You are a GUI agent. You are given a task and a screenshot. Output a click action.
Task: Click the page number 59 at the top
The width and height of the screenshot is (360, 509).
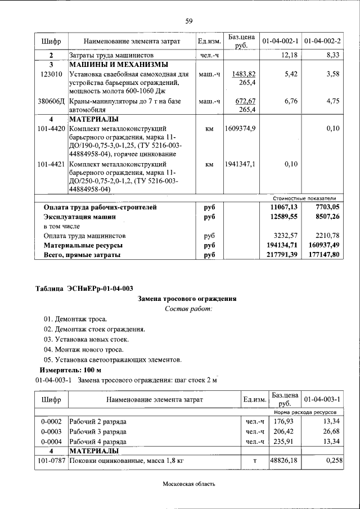click(x=189, y=21)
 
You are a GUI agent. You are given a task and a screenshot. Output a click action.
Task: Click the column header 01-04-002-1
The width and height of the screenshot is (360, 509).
click(x=280, y=42)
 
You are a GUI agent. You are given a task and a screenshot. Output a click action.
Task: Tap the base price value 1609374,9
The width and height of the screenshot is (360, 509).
click(x=240, y=129)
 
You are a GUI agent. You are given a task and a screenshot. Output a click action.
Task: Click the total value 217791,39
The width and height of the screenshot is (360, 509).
click(x=280, y=255)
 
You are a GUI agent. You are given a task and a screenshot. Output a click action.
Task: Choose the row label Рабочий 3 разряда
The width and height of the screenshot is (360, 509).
click(x=98, y=431)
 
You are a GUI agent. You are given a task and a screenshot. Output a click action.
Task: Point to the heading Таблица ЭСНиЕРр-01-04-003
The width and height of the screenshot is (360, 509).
click(x=84, y=289)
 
